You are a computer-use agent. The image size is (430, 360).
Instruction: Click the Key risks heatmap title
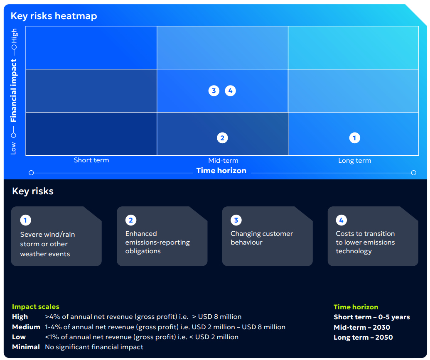point(54,16)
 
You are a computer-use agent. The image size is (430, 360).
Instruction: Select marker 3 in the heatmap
point(214,91)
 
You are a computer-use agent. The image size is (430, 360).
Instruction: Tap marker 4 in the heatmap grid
point(230,91)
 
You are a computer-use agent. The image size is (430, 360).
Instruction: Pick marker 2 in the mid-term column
point(222,138)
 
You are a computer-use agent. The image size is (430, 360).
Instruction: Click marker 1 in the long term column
point(354,138)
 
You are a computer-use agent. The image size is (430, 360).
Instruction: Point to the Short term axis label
point(91,160)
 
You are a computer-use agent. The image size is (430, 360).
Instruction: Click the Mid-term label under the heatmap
point(223,161)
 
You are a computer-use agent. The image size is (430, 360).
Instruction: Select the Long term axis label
point(354,161)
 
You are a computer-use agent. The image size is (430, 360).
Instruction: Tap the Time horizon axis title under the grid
point(221,171)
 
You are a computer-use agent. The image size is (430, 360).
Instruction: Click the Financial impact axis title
point(14,91)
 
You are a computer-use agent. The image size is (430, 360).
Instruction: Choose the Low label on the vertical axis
point(13,148)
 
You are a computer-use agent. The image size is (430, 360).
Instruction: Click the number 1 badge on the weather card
point(25,220)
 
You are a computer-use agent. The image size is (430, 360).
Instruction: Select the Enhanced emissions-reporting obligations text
point(157,242)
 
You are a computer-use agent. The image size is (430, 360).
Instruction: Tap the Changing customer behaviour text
point(262,238)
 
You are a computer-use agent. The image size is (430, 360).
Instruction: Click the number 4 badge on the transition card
point(341,220)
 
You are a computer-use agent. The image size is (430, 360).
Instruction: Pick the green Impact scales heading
point(36,307)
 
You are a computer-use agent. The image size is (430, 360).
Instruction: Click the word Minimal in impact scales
point(26,347)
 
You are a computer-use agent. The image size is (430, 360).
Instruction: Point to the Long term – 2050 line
point(363,337)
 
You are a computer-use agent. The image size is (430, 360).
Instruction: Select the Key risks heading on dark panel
point(33,191)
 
